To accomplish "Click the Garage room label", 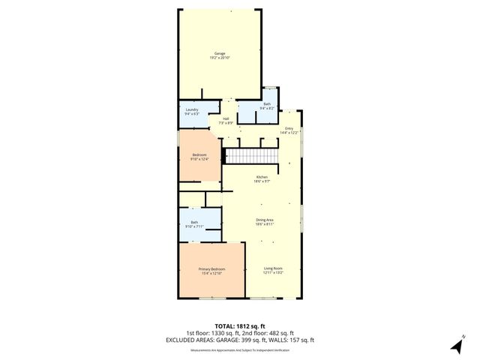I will [220, 53].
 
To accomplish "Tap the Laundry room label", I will [192, 109].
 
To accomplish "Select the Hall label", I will [226, 118].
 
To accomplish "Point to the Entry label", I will [289, 128].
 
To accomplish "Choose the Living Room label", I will [273, 268].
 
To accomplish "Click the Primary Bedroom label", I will [212, 268].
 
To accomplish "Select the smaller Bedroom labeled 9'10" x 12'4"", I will [199, 154].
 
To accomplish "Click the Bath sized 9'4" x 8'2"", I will [268, 105].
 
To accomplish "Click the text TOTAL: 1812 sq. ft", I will [240, 326].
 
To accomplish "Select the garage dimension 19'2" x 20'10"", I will [220, 58].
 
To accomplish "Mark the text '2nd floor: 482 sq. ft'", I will [271, 333].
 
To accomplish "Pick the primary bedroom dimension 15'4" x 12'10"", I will [212, 273].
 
